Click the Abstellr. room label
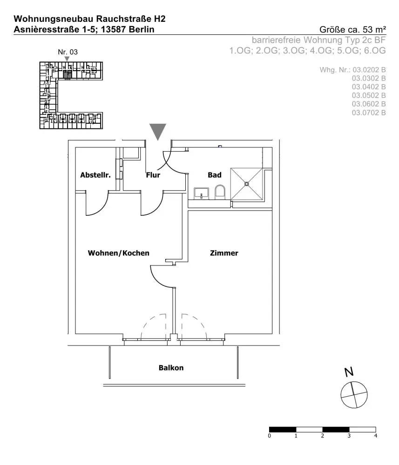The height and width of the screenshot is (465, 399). point(95,175)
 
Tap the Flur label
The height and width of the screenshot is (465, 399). point(153,175)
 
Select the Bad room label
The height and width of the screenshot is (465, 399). point(215,175)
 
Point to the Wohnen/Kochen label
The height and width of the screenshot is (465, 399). point(118,253)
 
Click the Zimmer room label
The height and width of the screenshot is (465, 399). point(224,253)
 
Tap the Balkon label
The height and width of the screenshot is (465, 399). point(171,368)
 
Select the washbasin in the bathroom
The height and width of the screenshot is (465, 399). point(202,193)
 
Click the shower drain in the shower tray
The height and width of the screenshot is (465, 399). point(247,184)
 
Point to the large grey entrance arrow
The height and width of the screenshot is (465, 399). point(158,131)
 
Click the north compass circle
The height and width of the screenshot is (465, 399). point(354,395)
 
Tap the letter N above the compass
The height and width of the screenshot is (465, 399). point(349,372)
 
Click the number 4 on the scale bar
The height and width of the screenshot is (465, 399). point(376,436)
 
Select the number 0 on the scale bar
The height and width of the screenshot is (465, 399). point(269,436)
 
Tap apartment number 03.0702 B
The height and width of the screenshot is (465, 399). point(369,113)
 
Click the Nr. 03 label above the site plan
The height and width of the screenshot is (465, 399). point(68,52)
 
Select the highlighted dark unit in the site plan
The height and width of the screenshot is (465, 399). point(68,74)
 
